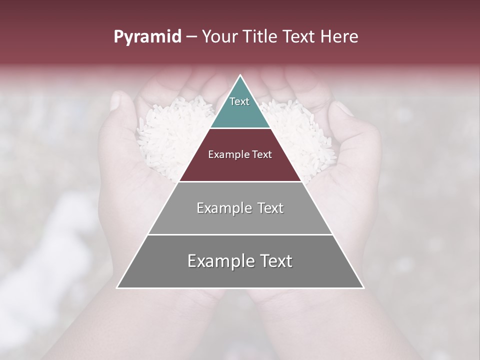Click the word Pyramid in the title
[147, 37]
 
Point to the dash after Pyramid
[191, 37]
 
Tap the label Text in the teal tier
[239, 101]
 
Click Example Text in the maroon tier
[240, 154]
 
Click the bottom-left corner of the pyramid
[117, 287]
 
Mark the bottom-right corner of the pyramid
[363, 287]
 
